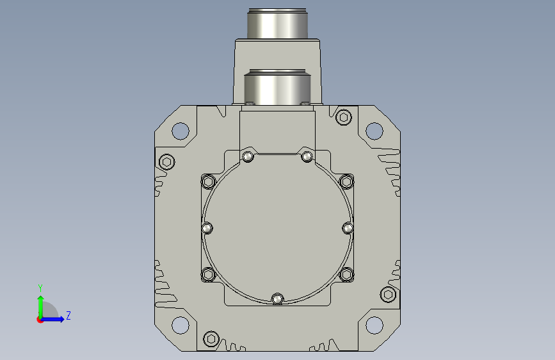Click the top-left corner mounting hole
click(180, 131)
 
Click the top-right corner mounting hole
click(374, 131)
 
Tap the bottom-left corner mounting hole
click(180, 325)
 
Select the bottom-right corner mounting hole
click(374, 325)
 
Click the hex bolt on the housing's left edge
click(166, 162)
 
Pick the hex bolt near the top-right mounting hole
click(343, 117)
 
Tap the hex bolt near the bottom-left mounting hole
click(211, 339)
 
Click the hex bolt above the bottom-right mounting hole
click(388, 295)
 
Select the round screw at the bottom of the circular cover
click(278, 299)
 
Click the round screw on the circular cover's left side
click(207, 228)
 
